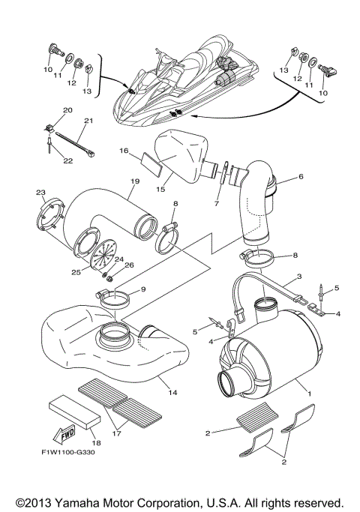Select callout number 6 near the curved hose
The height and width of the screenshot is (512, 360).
(x=301, y=177)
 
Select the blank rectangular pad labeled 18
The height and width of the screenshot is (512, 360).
(x=73, y=412)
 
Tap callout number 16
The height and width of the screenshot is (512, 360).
(x=124, y=151)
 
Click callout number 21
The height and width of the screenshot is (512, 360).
(x=88, y=121)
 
